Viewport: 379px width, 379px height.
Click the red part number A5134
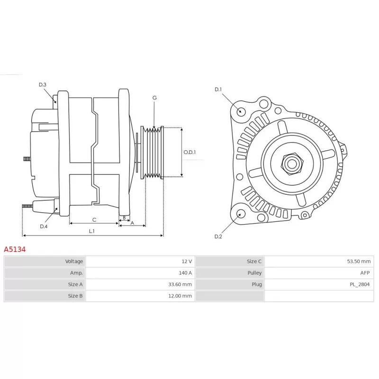(x=15, y=249)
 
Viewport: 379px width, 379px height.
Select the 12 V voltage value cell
(x=140, y=262)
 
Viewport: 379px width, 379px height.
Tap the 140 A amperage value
(x=185, y=273)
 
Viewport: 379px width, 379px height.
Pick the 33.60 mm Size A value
(x=180, y=284)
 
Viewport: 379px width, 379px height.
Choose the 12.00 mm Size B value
(x=180, y=296)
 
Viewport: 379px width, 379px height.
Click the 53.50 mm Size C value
(x=359, y=262)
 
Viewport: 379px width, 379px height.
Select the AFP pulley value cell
(x=319, y=273)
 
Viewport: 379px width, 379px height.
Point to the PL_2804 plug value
(x=360, y=284)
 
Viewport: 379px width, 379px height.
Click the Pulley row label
(x=254, y=273)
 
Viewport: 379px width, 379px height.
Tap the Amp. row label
(x=76, y=273)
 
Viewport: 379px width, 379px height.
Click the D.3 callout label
(x=43, y=85)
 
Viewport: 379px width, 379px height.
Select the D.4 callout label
(x=44, y=226)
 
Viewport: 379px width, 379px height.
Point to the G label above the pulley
(x=154, y=98)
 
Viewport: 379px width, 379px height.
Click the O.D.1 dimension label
(x=189, y=152)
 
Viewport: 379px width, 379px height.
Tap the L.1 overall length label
(x=91, y=231)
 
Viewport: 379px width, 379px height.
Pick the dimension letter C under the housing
(x=94, y=220)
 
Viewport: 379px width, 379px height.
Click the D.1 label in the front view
(x=218, y=90)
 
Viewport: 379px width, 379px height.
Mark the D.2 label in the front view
(x=218, y=236)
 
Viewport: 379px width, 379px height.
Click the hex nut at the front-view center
(x=292, y=164)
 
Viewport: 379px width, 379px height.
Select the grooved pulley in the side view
(x=152, y=152)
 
